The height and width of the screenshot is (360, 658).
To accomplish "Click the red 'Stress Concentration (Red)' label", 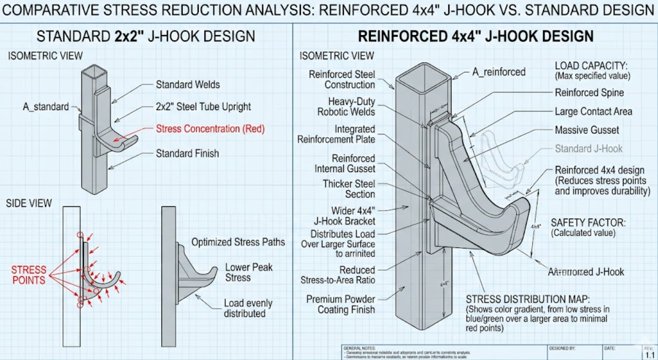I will [210, 129].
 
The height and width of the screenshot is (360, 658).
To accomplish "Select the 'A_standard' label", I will [46, 106].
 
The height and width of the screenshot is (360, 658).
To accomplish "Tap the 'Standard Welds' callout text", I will [188, 84].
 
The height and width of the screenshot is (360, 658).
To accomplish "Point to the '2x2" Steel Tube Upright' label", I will [203, 106].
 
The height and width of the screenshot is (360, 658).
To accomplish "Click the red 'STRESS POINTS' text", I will [29, 275].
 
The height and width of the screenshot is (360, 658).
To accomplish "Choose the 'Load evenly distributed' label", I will [248, 308].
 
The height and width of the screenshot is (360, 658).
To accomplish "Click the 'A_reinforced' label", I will [498, 72].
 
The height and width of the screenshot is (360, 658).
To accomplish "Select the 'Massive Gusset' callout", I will [587, 130].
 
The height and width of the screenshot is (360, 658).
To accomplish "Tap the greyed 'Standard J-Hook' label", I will [589, 149].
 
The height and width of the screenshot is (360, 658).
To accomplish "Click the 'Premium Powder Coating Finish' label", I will [340, 304].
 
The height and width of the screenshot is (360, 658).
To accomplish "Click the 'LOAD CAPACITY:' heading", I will [591, 66].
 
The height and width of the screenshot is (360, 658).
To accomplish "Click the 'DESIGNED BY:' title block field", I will [562, 348].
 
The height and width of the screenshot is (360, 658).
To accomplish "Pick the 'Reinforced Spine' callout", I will [589, 92].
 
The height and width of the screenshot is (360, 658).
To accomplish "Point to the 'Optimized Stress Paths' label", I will [238, 242].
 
